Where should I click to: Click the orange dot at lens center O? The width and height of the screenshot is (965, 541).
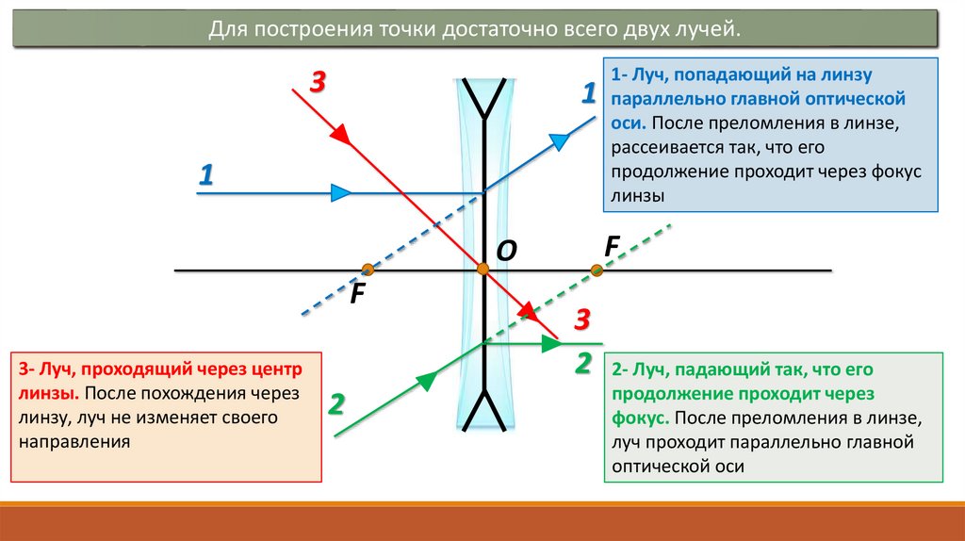coord(483,270)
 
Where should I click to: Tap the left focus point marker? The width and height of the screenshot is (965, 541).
coord(368,270)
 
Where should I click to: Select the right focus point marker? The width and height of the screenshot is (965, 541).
coord(597,270)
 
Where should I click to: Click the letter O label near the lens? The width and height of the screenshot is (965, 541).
coord(506,250)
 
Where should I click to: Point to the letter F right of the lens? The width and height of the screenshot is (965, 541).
coord(612,246)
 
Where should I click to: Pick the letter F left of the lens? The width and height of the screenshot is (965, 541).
coord(357,293)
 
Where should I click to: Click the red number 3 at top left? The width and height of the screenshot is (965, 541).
coord(317,83)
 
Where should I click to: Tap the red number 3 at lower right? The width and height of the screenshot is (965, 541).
coord(582,320)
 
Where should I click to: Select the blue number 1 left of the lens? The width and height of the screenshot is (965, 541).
coord(206,174)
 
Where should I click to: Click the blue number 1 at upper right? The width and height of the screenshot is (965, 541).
coord(588,93)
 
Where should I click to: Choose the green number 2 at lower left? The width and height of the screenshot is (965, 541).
coord(336,405)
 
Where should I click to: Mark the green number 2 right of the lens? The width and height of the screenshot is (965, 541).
coord(582,363)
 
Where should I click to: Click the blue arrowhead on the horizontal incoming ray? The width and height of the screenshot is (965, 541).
coord(341,193)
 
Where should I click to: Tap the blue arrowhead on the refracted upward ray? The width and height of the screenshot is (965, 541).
coord(560,141)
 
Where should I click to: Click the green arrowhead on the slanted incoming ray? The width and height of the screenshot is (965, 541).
coord(426,380)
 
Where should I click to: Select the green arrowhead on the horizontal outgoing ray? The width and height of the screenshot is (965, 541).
coord(550,344)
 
